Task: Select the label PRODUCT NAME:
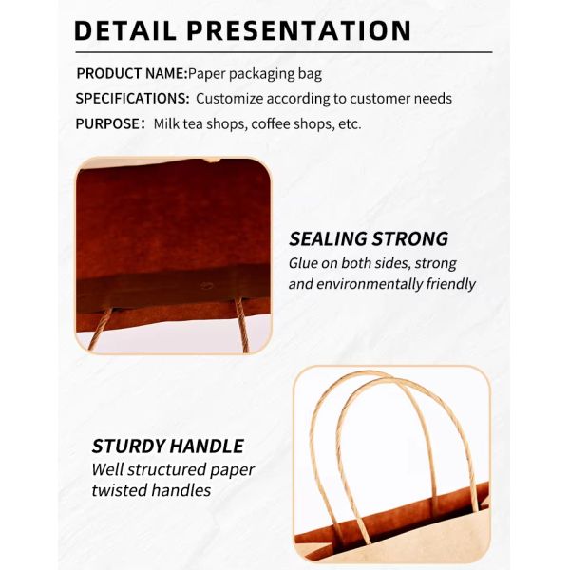[x=131, y=73]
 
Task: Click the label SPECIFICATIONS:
[x=133, y=99]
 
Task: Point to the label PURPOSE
[x=108, y=123]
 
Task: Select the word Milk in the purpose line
[x=167, y=123]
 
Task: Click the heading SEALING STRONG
[x=369, y=238]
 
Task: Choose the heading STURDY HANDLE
[x=167, y=446]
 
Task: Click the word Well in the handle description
[x=106, y=469]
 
